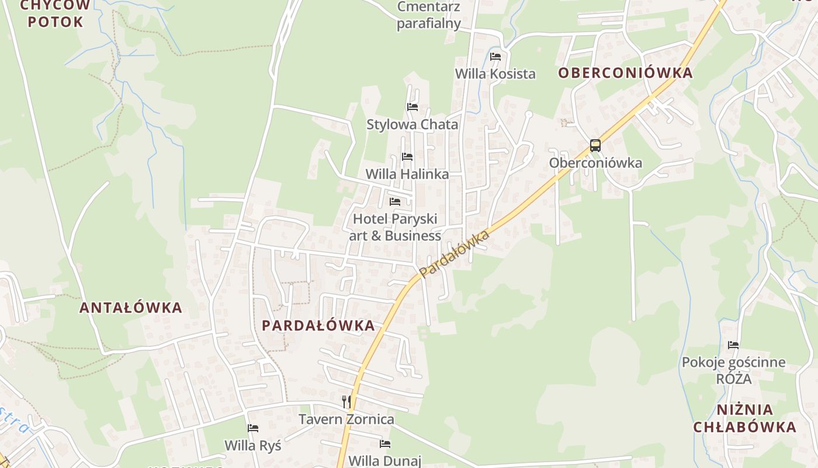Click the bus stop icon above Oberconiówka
click(x=595, y=146)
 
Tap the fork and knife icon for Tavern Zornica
click(x=346, y=401)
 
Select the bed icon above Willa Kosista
click(x=495, y=57)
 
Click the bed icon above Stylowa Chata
click(x=412, y=107)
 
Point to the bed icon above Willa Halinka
click(x=407, y=157)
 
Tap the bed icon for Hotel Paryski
click(x=395, y=202)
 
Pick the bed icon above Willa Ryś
click(x=253, y=428)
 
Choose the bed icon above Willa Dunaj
click(x=384, y=444)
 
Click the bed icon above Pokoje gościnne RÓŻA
click(x=733, y=345)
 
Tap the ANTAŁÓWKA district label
click(x=131, y=308)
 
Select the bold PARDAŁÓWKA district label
click(x=318, y=326)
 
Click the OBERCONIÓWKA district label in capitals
click(x=625, y=73)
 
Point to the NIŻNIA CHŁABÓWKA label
click(x=744, y=418)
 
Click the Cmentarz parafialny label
click(x=428, y=15)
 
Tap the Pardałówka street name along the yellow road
click(x=454, y=253)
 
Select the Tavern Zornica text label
click(x=346, y=419)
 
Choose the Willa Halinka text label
click(x=407, y=174)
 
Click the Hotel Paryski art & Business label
click(x=395, y=227)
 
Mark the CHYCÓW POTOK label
click(x=56, y=14)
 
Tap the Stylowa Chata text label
click(x=412, y=125)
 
